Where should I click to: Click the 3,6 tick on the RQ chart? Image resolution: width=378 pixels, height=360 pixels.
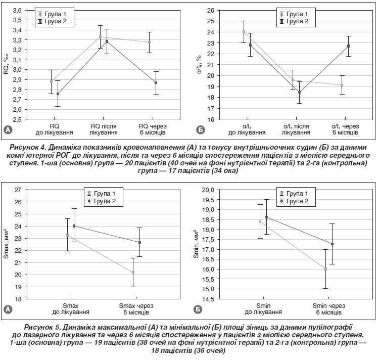tap(16, 10)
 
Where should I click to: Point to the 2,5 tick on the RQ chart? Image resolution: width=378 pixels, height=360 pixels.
tap(16, 119)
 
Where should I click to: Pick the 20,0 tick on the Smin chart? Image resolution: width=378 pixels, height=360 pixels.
tap(208, 190)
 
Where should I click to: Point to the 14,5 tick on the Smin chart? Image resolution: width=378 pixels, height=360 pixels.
tap(208, 299)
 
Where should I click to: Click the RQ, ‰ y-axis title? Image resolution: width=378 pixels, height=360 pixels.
tap(6, 65)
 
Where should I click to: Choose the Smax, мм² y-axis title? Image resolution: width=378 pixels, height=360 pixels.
tap(6, 245)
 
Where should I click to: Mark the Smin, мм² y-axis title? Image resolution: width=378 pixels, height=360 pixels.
tap(196, 245)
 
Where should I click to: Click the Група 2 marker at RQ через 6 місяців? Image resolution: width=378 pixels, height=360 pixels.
tap(157, 82)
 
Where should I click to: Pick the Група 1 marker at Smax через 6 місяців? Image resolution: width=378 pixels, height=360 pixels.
tap(133, 273)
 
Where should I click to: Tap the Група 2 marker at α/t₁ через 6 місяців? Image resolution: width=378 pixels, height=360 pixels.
tap(348, 46)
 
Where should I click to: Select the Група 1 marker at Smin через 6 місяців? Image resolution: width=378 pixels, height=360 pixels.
tap(325, 269)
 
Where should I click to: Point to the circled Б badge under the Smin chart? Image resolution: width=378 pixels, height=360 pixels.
tap(200, 309)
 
